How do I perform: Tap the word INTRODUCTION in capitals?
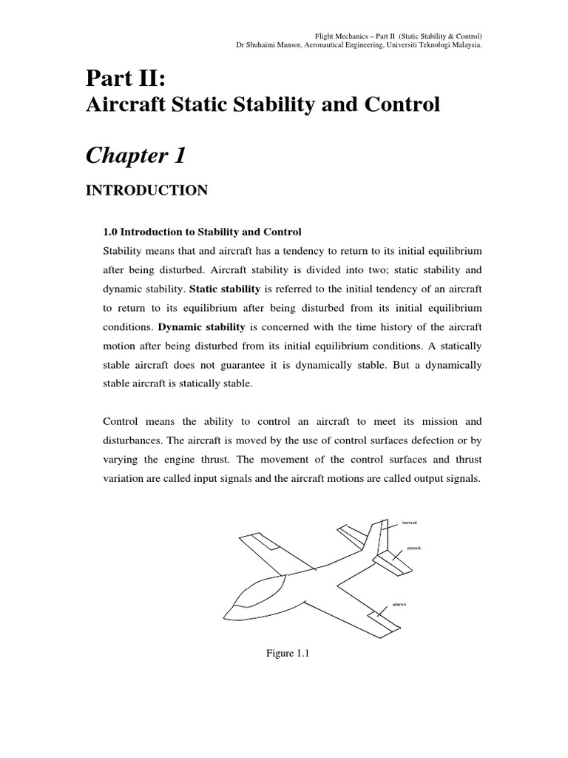147,191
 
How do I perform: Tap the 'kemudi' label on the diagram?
409,523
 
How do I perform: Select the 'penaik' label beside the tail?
414,549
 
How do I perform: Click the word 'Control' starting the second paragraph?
121,422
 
